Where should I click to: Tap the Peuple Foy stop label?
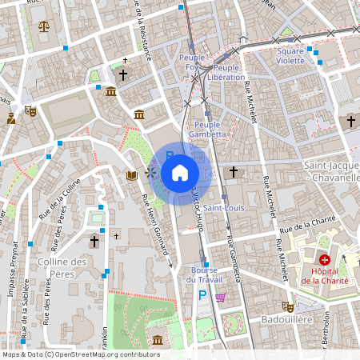[192, 63]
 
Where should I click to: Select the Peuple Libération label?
[226, 72]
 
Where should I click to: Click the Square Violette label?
[290, 56]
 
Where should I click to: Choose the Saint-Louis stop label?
[223, 208]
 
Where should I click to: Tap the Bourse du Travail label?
[202, 275]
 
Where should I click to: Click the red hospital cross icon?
[325, 259]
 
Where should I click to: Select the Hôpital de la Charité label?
[325, 276]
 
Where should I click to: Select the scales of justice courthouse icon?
[43, 26]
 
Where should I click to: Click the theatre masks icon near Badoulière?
[286, 306]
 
